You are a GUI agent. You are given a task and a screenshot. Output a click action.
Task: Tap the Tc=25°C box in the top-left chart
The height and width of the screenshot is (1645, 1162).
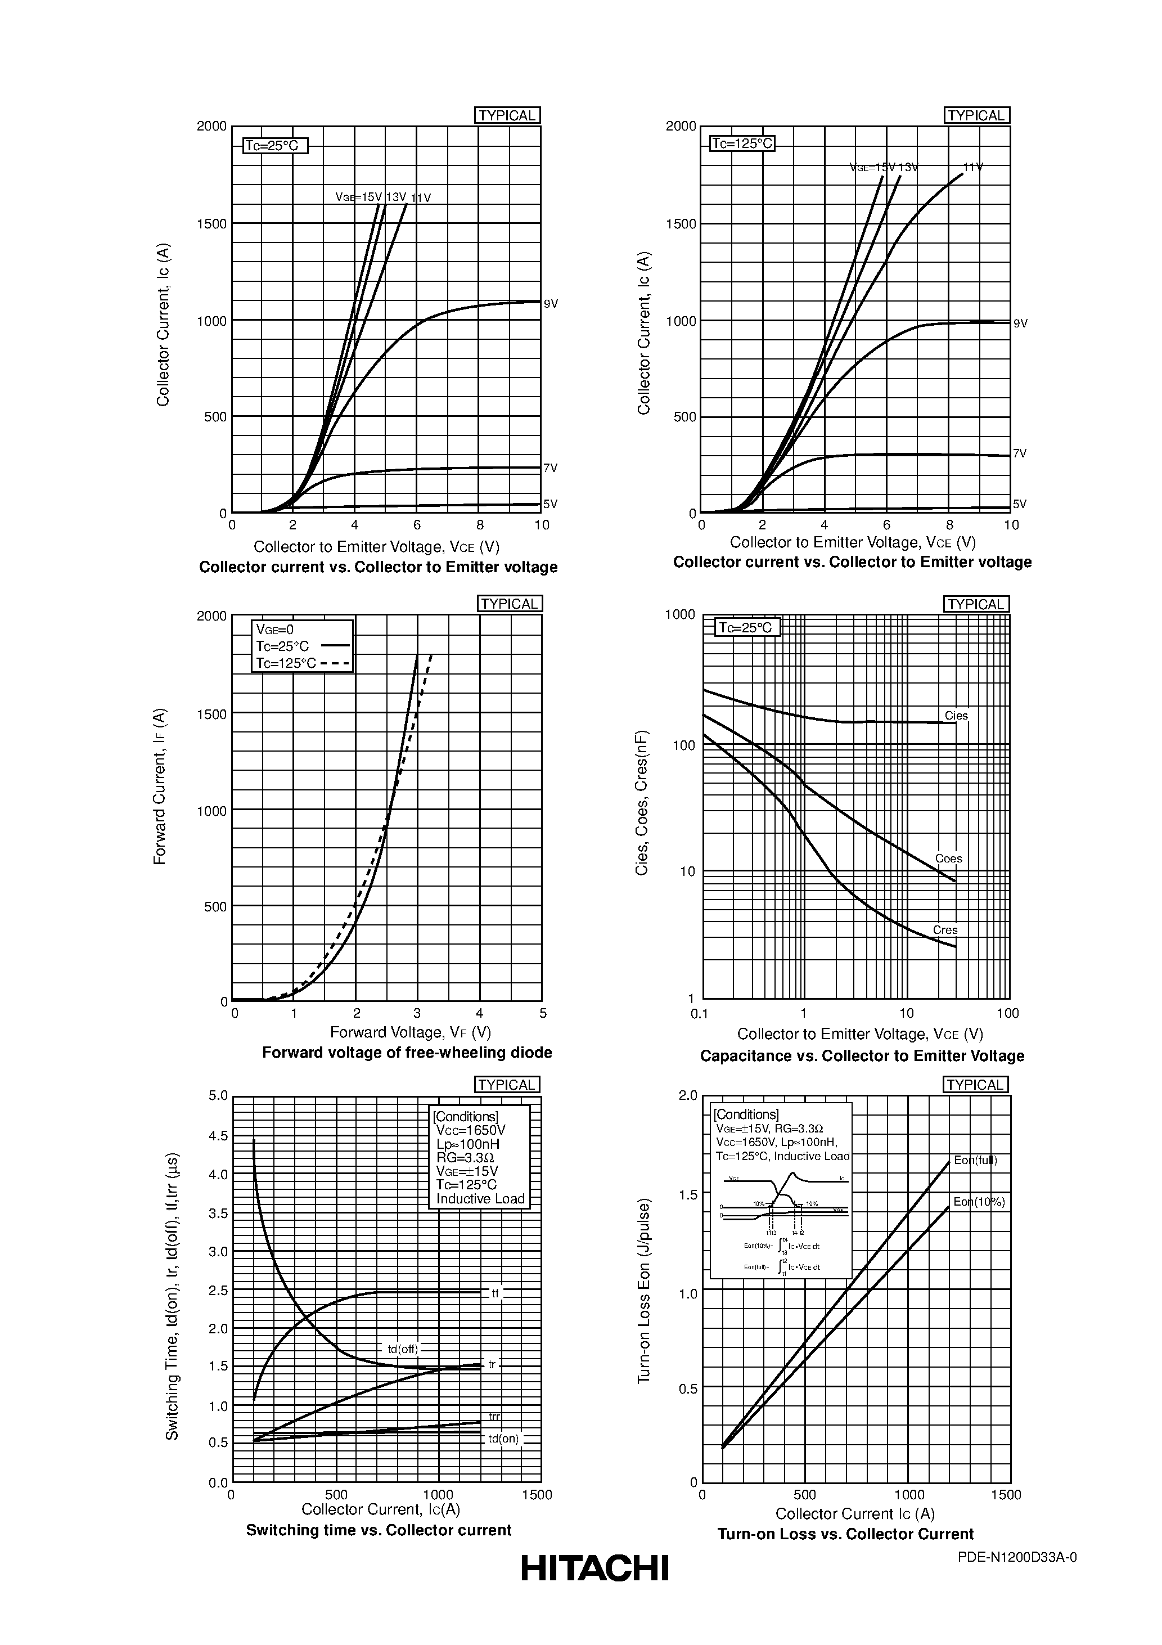[275, 146]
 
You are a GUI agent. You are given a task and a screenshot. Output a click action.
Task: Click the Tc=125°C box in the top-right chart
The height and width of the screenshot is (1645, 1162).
[742, 143]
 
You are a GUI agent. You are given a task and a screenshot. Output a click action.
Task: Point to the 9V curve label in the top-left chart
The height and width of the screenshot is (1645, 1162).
[550, 304]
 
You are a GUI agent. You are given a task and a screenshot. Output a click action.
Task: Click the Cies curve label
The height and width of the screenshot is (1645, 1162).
[956, 716]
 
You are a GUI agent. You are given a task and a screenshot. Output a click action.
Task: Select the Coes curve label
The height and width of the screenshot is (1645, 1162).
[948, 859]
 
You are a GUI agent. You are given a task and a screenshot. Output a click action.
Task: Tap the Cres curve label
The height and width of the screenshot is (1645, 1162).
[945, 930]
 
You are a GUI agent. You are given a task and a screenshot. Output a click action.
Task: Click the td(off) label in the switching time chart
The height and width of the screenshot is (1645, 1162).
[403, 1349]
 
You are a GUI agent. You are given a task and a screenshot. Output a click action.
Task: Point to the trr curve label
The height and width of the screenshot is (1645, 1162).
[494, 1417]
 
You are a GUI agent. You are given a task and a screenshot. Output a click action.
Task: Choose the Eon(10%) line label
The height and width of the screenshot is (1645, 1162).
[979, 1202]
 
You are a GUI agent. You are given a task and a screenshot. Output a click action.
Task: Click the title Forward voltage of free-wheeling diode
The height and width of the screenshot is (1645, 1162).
[407, 1053]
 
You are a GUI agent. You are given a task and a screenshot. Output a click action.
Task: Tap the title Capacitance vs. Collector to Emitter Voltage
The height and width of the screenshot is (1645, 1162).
[862, 1056]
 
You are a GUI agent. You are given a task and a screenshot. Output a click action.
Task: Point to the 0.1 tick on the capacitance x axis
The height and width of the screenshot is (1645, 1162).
[699, 1013]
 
